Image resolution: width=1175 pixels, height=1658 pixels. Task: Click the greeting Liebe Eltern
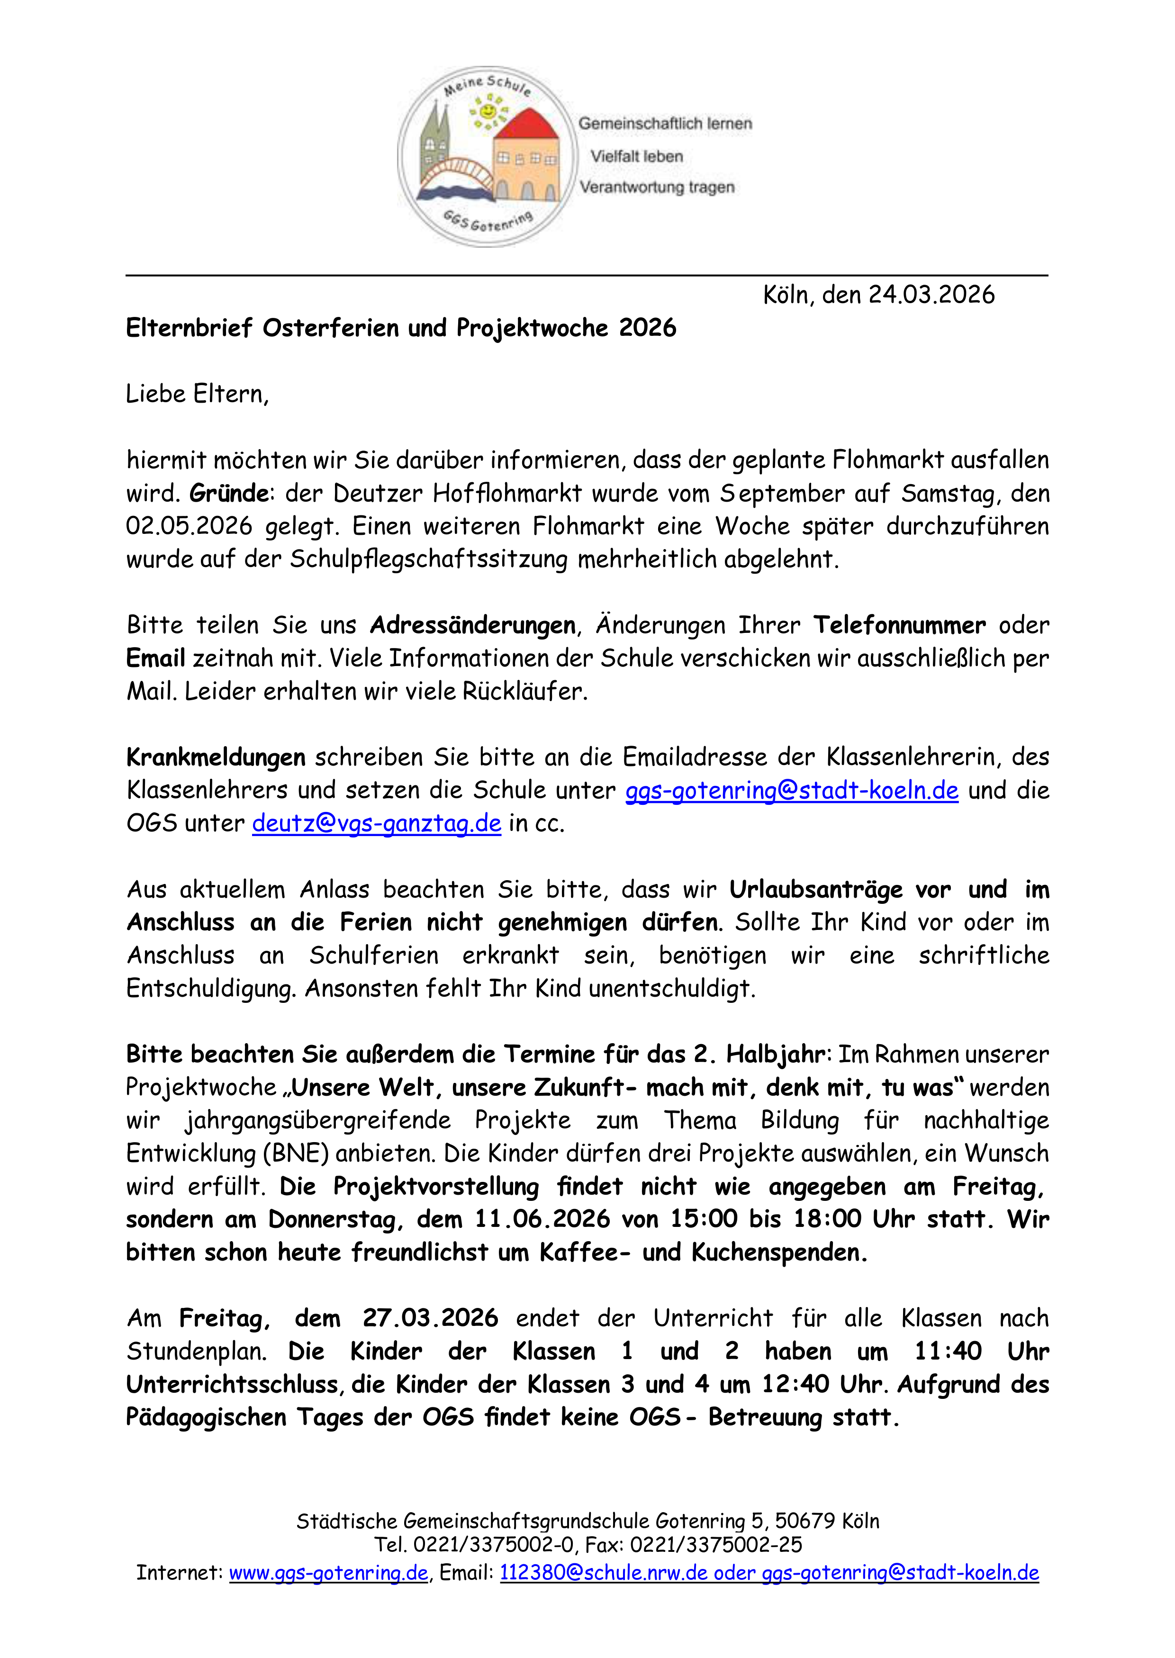(197, 394)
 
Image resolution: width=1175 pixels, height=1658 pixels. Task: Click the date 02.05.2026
(189, 526)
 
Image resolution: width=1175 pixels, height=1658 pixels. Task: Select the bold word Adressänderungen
(472, 625)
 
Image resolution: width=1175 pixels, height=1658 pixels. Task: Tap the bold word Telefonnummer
(899, 625)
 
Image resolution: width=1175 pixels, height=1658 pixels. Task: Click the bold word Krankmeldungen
(216, 757)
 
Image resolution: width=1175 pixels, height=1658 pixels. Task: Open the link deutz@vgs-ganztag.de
(376, 823)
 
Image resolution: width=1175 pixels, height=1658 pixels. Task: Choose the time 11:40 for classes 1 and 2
(948, 1352)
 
